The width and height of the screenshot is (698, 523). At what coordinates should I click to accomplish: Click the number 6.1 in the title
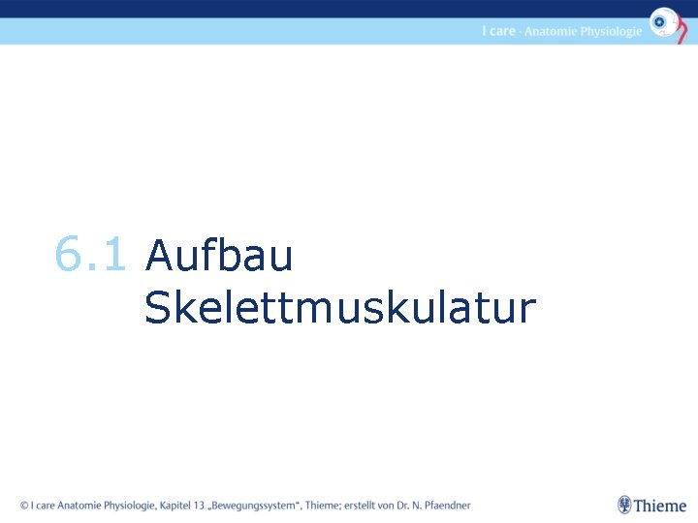pyautogui.click(x=90, y=256)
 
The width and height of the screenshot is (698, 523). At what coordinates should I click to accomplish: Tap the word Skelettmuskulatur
pyautogui.click(x=339, y=309)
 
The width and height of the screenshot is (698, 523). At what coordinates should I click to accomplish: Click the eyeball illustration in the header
pyautogui.click(x=664, y=22)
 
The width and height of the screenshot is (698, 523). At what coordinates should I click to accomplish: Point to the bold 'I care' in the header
pyautogui.click(x=498, y=31)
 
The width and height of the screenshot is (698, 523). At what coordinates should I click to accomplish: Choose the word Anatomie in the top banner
pyautogui.click(x=551, y=31)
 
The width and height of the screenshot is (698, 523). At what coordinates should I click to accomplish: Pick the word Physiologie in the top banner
pyautogui.click(x=611, y=32)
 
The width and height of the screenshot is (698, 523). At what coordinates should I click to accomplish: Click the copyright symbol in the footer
pyautogui.click(x=24, y=505)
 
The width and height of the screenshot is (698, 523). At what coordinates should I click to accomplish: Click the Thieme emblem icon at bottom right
pyautogui.click(x=624, y=505)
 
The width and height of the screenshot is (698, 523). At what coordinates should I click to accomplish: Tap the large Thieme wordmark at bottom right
pyautogui.click(x=660, y=505)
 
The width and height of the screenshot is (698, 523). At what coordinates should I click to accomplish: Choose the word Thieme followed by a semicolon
pyautogui.click(x=323, y=505)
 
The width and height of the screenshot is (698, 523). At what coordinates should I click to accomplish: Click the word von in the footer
pyautogui.click(x=390, y=505)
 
